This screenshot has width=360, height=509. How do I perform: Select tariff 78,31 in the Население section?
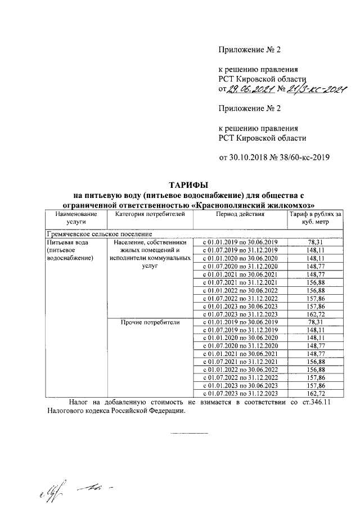tap(307, 242)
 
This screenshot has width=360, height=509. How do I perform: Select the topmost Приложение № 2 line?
tap(249, 49)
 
